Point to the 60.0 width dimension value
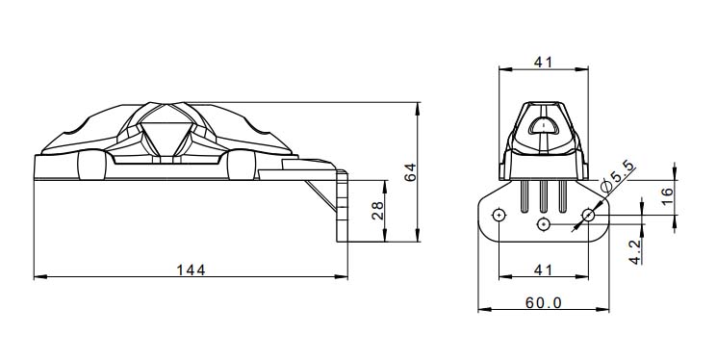click(x=544, y=302)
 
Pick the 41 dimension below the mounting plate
click(x=543, y=269)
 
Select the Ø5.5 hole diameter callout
click(x=617, y=179)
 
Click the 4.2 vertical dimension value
click(x=636, y=253)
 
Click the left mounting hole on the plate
click(x=499, y=215)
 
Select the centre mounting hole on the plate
click(x=544, y=224)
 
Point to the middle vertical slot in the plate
click(x=544, y=197)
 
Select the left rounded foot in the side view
click(x=90, y=168)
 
